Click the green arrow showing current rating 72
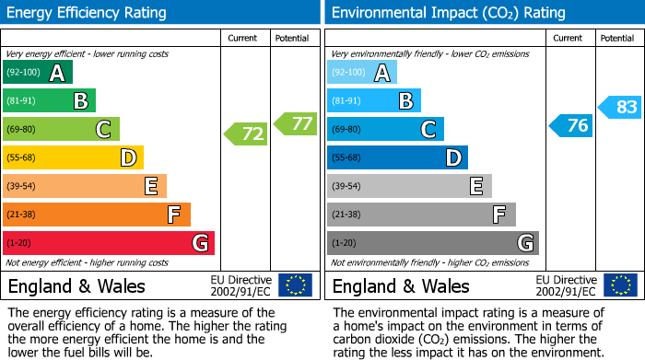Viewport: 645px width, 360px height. [x=246, y=134]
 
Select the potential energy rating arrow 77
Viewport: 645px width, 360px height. [x=296, y=123]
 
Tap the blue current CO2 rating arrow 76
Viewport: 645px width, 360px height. [x=571, y=126]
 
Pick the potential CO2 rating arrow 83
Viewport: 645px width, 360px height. [x=620, y=108]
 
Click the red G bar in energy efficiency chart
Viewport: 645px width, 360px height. [x=109, y=243]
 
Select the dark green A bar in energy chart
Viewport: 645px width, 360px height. [x=38, y=73]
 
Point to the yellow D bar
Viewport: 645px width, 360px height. [x=74, y=158]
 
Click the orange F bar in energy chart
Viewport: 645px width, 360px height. [x=97, y=215]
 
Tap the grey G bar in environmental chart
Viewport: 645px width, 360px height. [x=433, y=243]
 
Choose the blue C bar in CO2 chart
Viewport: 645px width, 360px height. [x=385, y=129]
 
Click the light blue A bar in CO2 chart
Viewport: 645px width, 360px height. [x=362, y=73]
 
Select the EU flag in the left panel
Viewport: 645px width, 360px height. [x=295, y=285]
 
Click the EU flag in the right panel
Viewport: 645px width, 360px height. [x=620, y=285]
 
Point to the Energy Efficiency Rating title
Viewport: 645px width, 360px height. [x=88, y=13]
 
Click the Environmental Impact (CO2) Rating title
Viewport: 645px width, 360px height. [x=447, y=13]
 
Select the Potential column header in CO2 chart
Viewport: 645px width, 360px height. [x=617, y=38]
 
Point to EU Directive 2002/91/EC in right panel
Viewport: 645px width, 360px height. [x=566, y=285]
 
